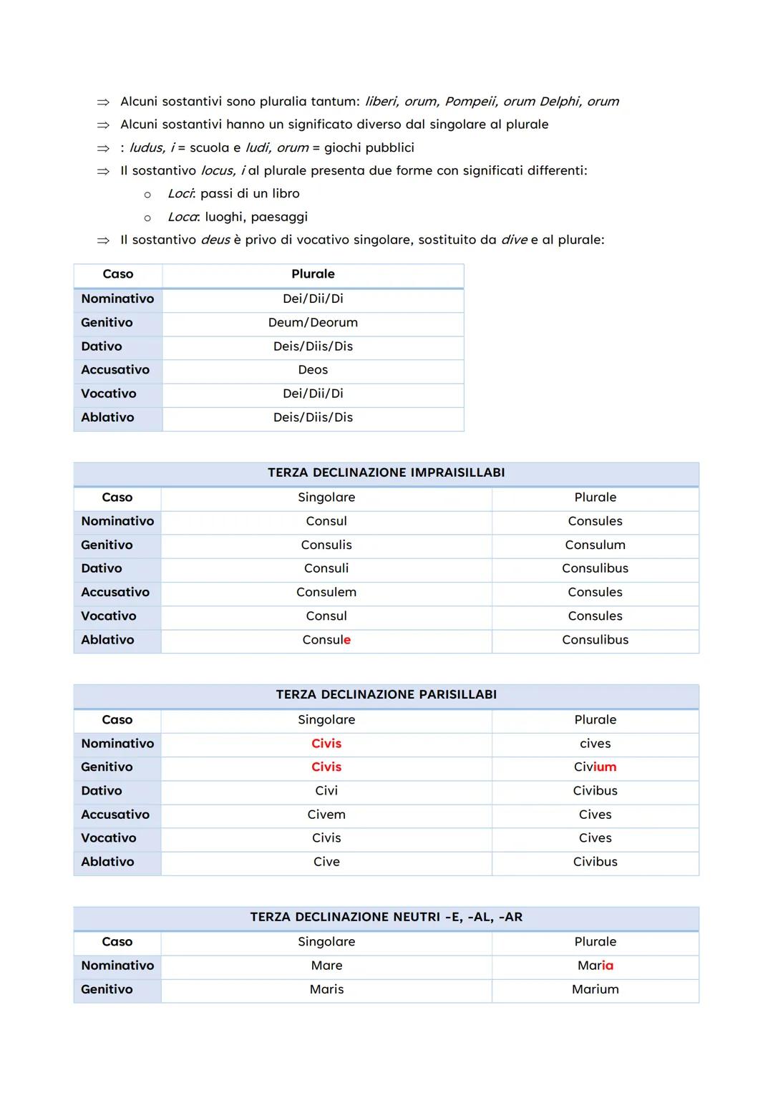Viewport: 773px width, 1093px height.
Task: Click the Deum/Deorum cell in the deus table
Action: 313,323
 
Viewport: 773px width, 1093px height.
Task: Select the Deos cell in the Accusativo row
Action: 313,370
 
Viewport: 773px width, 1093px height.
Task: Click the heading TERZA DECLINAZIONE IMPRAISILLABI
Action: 386,472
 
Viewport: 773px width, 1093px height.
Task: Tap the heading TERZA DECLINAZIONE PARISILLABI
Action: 386,694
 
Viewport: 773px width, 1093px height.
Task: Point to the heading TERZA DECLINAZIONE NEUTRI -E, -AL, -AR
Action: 386,917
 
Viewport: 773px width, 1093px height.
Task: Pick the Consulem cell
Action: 326,592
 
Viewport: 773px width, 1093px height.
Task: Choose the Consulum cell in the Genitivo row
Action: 595,545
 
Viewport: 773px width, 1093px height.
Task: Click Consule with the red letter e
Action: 326,640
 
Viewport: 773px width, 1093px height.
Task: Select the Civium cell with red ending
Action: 595,767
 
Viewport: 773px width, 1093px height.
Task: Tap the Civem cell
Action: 326,815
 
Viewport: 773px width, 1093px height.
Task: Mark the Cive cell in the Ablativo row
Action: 326,862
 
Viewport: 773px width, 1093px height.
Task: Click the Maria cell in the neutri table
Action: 595,966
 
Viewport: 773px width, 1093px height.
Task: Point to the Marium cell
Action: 595,989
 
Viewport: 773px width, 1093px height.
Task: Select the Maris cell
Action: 326,989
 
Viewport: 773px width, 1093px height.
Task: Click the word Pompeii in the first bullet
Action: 470,102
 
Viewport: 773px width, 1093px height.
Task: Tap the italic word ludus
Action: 146,148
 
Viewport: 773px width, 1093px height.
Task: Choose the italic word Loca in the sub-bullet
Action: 182,217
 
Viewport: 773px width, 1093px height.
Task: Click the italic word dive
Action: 514,240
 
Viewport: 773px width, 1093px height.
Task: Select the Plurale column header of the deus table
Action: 313,274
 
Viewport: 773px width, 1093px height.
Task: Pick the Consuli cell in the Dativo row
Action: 326,568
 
